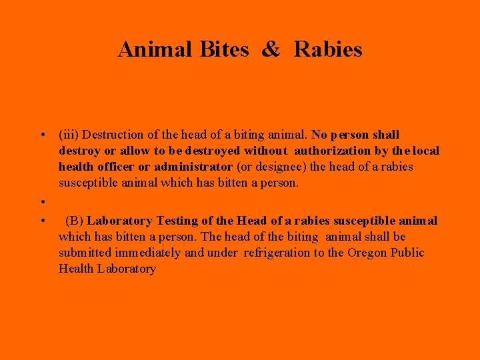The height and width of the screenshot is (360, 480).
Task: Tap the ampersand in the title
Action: [271, 49]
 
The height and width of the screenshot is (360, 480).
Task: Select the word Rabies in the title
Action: [328, 49]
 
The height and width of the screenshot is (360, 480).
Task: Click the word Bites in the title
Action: [224, 49]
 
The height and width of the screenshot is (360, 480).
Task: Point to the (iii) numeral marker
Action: [69, 135]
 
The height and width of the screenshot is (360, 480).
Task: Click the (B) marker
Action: [74, 221]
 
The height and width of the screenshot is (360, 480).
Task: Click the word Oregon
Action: [369, 253]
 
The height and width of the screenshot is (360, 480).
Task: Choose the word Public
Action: [409, 253]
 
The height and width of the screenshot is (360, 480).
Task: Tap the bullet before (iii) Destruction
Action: [42, 135]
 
